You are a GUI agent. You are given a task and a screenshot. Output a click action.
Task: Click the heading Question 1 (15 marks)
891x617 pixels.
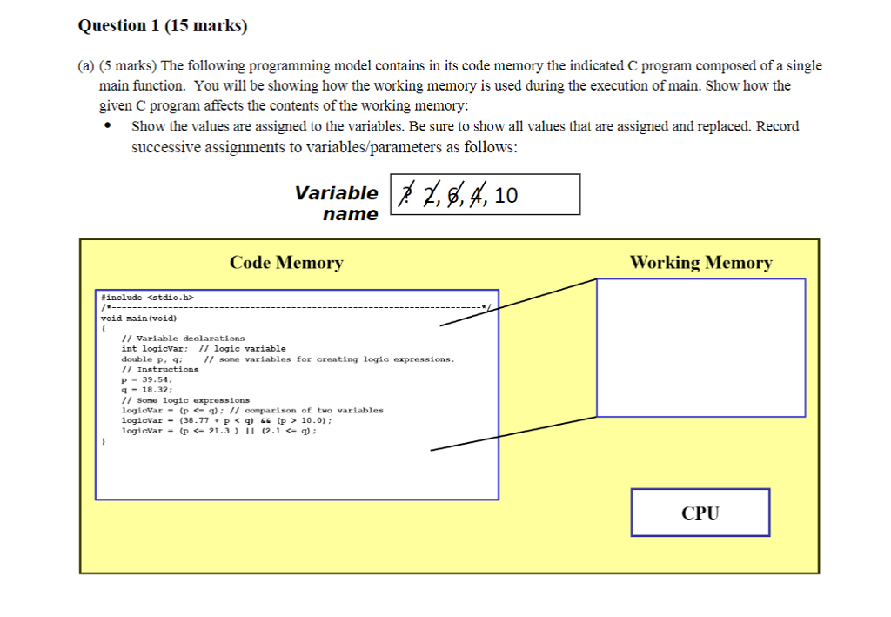click(x=163, y=26)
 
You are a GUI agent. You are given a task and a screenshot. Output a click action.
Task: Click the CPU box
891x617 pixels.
click(x=700, y=513)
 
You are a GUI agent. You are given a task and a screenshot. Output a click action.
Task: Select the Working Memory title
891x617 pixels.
click(x=700, y=263)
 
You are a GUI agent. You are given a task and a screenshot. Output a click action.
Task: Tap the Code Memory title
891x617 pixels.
click(x=286, y=263)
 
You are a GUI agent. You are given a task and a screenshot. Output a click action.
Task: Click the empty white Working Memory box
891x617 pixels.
click(x=700, y=346)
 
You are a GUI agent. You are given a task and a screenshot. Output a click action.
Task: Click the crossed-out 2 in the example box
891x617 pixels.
click(x=430, y=196)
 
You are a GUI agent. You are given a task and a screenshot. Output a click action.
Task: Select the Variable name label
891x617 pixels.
click(x=338, y=203)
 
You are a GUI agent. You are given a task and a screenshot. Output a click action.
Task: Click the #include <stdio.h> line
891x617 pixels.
click(x=147, y=297)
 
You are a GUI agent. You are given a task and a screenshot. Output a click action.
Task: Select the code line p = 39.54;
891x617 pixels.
click(x=147, y=379)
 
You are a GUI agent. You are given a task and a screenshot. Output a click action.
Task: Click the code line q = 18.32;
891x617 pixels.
click(x=147, y=389)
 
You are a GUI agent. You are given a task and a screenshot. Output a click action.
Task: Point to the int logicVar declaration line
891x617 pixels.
click(x=203, y=348)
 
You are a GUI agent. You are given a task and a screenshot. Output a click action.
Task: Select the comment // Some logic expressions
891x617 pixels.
click(x=185, y=399)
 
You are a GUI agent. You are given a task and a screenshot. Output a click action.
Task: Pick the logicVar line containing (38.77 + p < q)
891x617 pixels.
click(x=226, y=419)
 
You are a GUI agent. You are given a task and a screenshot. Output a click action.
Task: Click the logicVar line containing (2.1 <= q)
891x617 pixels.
click(x=218, y=430)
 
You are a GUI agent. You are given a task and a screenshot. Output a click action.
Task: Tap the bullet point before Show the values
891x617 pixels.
click(x=107, y=126)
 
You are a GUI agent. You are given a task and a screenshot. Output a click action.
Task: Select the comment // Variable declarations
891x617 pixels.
click(x=183, y=338)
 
